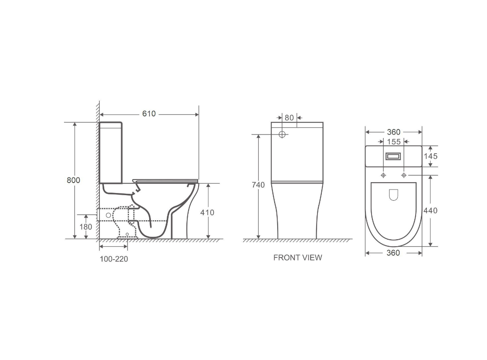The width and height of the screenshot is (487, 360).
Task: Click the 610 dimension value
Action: [149, 114]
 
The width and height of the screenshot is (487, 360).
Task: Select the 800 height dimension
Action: [73, 180]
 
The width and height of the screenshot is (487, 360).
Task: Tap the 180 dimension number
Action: [86, 226]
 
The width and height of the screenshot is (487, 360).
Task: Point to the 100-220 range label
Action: [114, 259]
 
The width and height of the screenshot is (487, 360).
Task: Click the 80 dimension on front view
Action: [289, 117]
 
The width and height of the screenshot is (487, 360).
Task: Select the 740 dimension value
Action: [258, 185]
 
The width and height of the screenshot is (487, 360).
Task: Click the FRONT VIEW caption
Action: [298, 257]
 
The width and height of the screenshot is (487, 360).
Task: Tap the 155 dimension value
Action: [393, 141]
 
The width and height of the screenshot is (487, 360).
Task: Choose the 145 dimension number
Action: [430, 156]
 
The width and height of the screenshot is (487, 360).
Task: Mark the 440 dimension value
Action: [430, 211]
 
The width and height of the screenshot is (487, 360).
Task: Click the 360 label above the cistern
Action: [393, 132]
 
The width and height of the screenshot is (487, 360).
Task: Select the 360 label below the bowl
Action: [393, 253]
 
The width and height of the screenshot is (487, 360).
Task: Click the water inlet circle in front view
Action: [282, 135]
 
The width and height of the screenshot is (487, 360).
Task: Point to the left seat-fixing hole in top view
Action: [383, 175]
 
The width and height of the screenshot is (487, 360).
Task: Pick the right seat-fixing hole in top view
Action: [404, 175]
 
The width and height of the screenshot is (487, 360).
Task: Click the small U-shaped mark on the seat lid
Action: [393, 195]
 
